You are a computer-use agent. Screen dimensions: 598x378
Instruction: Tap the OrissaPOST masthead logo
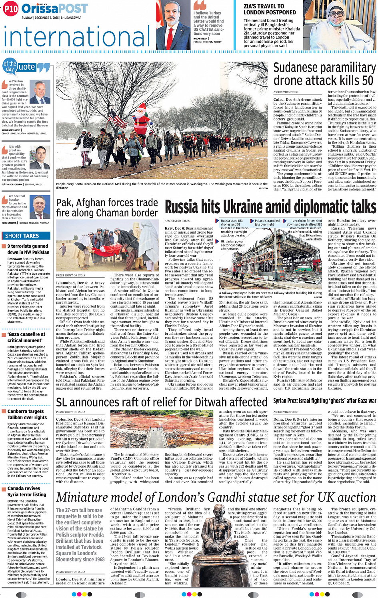pyautogui.click(x=54, y=8)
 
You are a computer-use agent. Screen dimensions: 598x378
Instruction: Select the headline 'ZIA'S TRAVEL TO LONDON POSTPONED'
pyautogui.click(x=270, y=9)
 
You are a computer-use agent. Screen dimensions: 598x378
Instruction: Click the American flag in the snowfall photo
pyautogui.click(x=117, y=118)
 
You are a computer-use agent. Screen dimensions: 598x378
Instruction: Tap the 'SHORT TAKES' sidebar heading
pyautogui.click(x=22, y=236)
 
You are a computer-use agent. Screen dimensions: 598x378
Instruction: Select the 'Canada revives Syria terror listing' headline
pyautogui.click(x=27, y=491)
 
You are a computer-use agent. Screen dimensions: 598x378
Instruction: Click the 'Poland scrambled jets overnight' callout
pyautogui.click(x=267, y=222)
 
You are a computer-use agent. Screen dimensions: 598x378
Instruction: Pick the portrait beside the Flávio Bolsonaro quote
pyautogui.click(x=40, y=158)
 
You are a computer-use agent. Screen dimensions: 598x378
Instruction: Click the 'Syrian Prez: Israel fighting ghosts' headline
pyautogui.click(x=325, y=400)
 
